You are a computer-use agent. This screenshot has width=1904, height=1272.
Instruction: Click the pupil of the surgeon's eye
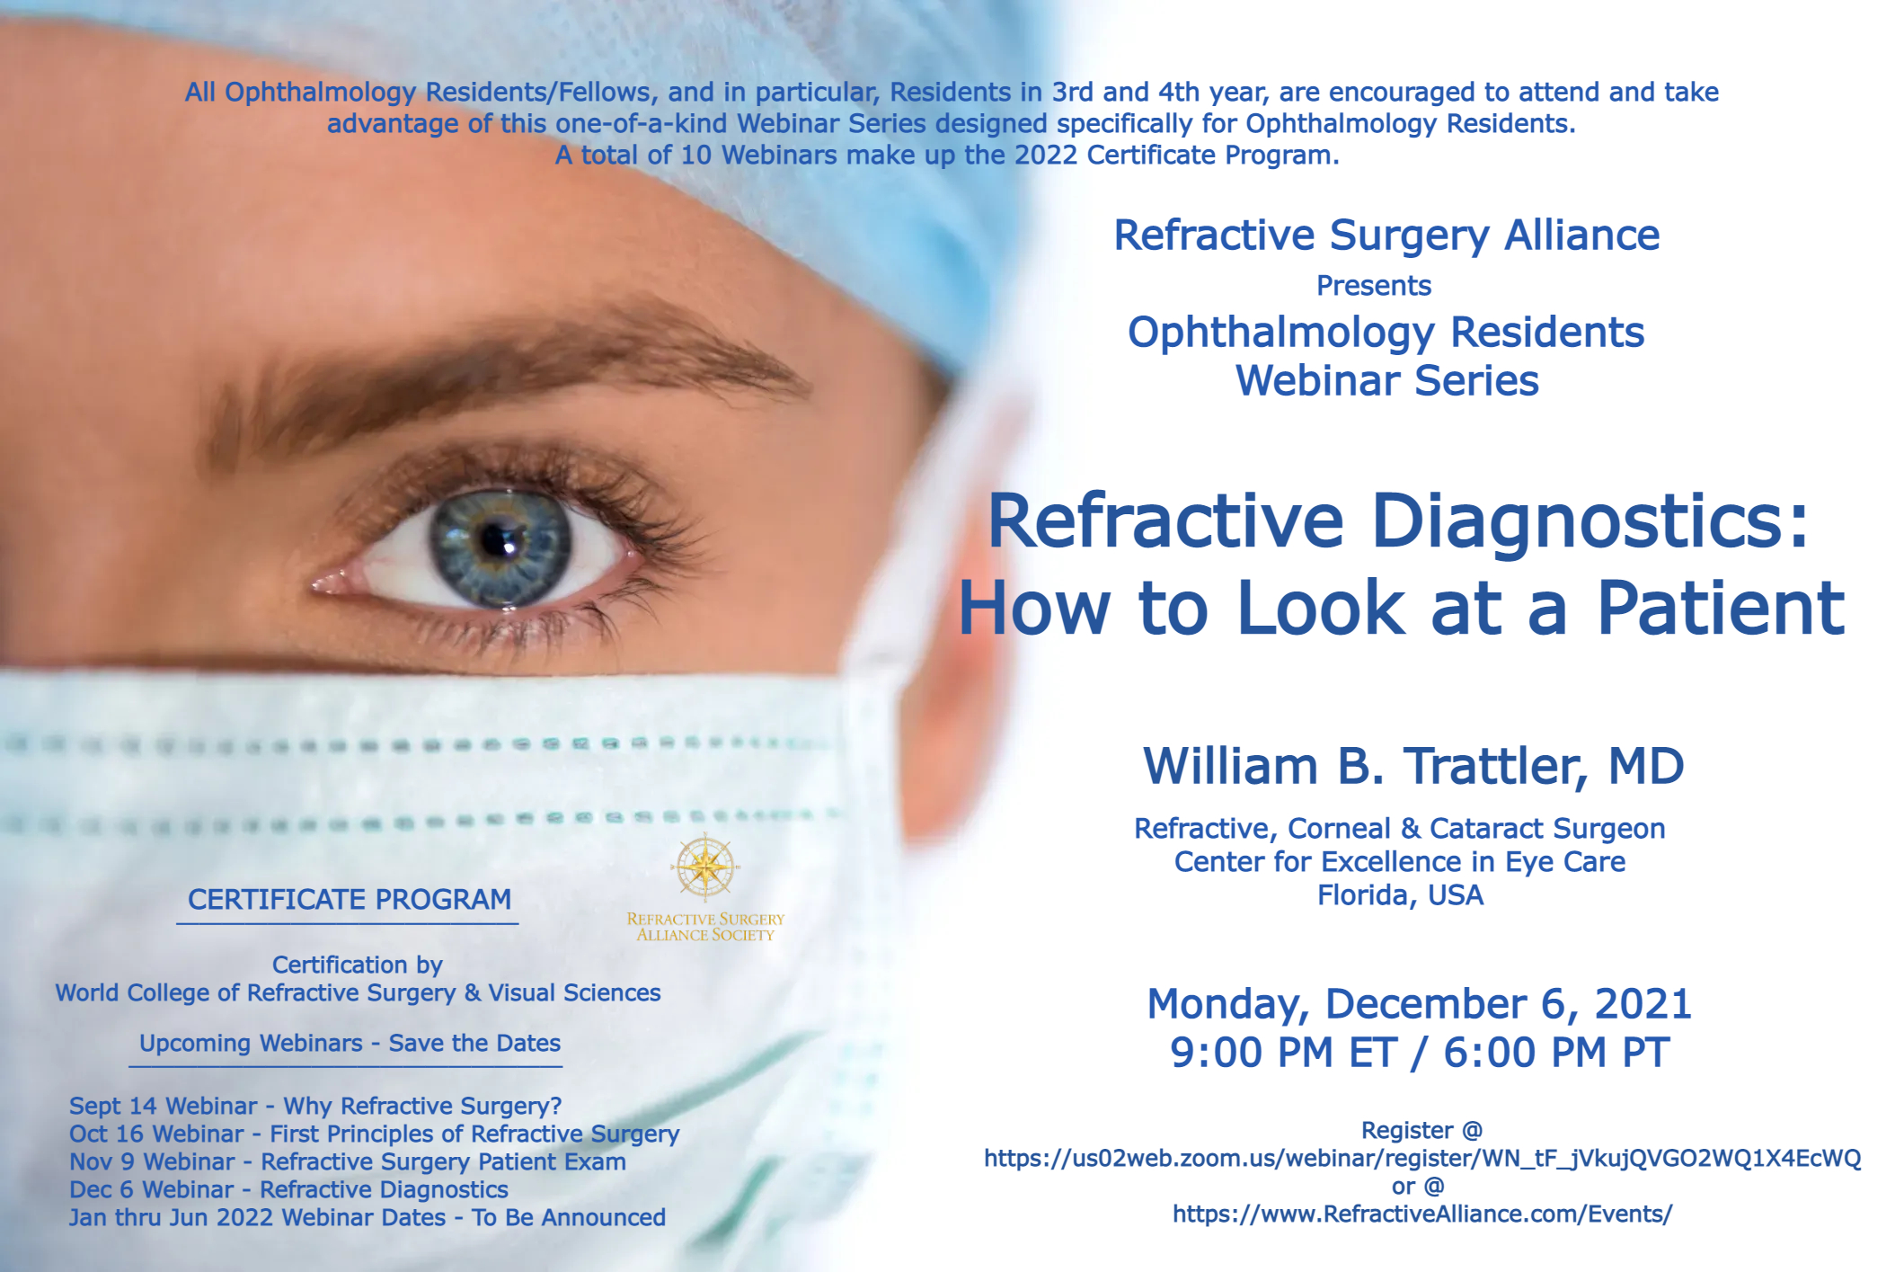(497, 540)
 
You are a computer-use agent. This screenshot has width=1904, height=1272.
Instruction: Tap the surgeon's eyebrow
(503, 378)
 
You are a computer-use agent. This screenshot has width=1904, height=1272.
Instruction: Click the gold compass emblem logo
(705, 867)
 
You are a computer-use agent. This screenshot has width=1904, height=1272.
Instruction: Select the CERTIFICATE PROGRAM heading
(349, 899)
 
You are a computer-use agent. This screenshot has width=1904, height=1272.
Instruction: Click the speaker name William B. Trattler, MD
(1413, 767)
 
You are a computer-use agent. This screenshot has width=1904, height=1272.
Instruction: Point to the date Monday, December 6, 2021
(1419, 1004)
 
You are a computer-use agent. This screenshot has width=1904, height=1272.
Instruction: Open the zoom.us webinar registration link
(1421, 1158)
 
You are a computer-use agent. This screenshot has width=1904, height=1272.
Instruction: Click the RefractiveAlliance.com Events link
(1421, 1214)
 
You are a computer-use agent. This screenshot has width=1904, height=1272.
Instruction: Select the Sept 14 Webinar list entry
(315, 1106)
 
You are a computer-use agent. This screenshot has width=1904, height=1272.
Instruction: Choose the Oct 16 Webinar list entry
(374, 1134)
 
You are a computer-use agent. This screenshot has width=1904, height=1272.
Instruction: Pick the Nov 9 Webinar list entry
(348, 1162)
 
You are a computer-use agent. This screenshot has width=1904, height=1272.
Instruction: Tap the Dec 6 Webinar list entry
(288, 1190)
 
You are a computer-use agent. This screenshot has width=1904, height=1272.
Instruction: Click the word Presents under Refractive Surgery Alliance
(1374, 286)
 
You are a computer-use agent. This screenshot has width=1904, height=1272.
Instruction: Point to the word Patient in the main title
(1720, 609)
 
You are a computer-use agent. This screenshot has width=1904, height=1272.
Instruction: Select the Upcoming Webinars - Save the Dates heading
(350, 1044)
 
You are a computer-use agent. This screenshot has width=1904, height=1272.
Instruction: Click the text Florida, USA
(1400, 896)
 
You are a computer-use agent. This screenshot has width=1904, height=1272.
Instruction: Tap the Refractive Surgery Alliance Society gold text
(705, 927)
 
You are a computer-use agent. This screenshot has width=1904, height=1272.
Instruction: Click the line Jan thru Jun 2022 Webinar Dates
(367, 1218)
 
